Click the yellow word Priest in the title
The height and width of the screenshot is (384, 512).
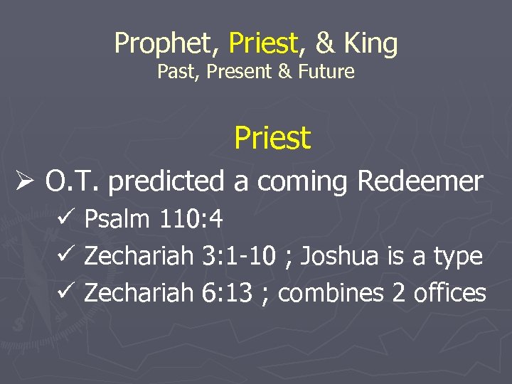pos(262,44)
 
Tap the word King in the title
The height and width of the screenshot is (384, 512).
pos(371,44)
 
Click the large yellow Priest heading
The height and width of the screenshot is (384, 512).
pos(272,138)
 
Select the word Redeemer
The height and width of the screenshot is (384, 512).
pos(420,181)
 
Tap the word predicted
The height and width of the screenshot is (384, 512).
pos(166,181)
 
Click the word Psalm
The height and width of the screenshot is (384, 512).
pos(117,220)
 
